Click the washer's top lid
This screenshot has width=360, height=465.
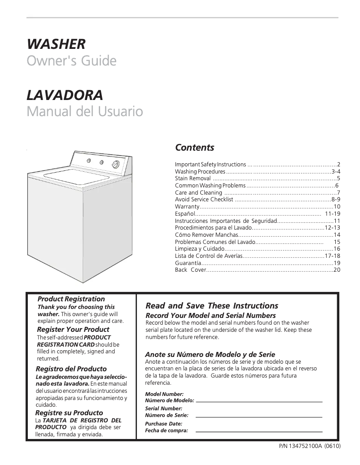70,178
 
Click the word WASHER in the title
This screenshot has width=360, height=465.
56,44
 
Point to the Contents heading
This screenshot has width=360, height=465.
194,148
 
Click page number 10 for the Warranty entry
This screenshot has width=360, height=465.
337,206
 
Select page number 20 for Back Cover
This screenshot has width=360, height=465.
337,270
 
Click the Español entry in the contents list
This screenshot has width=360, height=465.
184,213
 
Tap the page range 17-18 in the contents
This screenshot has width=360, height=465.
332,256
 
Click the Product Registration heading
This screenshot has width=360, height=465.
71,299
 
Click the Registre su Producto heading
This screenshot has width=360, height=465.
69,413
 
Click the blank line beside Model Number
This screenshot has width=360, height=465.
259,401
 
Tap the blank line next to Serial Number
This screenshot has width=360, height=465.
259,417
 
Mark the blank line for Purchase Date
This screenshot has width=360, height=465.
259,431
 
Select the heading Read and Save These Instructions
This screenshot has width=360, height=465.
212,306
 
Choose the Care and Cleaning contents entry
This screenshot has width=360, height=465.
198,192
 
